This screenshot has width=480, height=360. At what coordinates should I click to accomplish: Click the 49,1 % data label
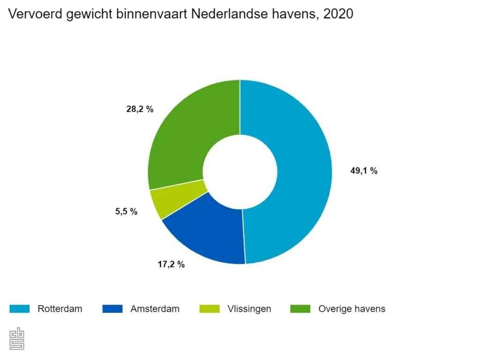pyautogui.click(x=364, y=171)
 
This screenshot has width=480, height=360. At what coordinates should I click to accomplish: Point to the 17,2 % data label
pyautogui.click(x=171, y=264)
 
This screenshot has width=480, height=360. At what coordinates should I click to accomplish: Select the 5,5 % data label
pyautogui.click(x=126, y=211)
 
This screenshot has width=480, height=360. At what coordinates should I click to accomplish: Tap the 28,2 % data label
pyautogui.click(x=140, y=110)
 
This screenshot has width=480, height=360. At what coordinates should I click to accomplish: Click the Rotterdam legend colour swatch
pyautogui.click(x=20, y=308)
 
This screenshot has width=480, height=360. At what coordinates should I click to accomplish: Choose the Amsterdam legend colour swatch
pyautogui.click(x=112, y=308)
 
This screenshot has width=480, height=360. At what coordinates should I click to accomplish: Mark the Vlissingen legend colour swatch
pyautogui.click(x=209, y=308)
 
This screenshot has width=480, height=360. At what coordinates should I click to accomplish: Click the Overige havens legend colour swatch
pyautogui.click(x=300, y=308)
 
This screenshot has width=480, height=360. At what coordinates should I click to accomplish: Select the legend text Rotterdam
pyautogui.click(x=60, y=308)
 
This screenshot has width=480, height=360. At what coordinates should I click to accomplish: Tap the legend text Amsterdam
pyautogui.click(x=155, y=308)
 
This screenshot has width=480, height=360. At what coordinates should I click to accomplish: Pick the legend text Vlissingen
pyautogui.click(x=249, y=308)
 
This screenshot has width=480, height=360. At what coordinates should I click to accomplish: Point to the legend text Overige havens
pyautogui.click(x=352, y=308)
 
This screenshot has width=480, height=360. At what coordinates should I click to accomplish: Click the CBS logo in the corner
pyautogui.click(x=17, y=338)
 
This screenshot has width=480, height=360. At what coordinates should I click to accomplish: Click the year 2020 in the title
pyautogui.click(x=338, y=15)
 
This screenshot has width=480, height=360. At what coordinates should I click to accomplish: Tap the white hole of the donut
pyautogui.click(x=240, y=172)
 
